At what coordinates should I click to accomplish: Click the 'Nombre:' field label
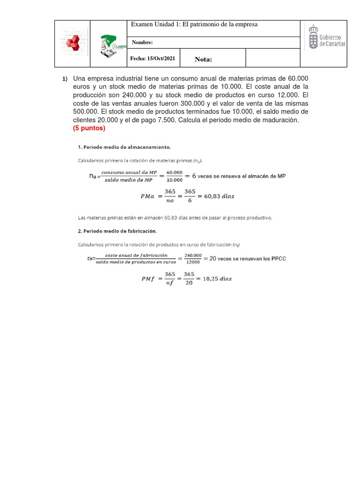pos(142,43)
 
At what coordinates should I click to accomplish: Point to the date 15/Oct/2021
pos(154,59)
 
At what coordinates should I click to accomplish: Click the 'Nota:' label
pos(203,59)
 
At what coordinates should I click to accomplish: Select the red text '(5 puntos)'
pos(89,128)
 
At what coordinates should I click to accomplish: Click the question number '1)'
pos(65,78)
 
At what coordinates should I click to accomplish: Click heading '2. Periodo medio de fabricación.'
pos(117,231)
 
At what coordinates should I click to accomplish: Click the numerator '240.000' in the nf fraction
pos(193,255)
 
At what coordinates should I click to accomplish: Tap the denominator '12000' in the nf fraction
pos(193,262)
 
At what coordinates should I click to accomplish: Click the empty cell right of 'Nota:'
pos(272,59)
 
